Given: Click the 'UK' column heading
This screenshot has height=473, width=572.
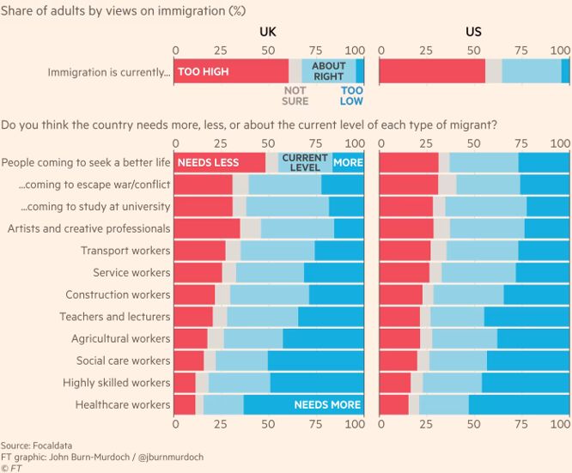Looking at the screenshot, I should (268, 33).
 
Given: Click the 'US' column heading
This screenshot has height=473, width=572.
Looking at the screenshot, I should (473, 33).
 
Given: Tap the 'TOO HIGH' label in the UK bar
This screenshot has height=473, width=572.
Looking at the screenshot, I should (204, 71).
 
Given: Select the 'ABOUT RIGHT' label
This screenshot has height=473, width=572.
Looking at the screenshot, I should (328, 71).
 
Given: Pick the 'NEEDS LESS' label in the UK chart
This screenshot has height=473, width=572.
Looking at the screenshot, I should (209, 162).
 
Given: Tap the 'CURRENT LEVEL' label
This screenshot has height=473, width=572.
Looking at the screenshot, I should (305, 162).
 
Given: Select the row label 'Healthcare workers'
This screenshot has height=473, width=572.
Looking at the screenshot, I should (123, 404).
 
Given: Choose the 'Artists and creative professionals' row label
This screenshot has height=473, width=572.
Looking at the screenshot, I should (89, 228).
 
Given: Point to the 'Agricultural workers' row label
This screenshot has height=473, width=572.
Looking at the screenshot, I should (121, 338).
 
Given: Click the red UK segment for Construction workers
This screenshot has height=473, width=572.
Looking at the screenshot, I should (194, 294).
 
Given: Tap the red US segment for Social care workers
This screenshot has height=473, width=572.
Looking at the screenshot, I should (398, 361).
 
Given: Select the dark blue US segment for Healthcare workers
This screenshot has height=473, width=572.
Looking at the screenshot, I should (519, 404).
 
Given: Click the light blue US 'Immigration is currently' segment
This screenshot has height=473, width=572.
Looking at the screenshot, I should (532, 71).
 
